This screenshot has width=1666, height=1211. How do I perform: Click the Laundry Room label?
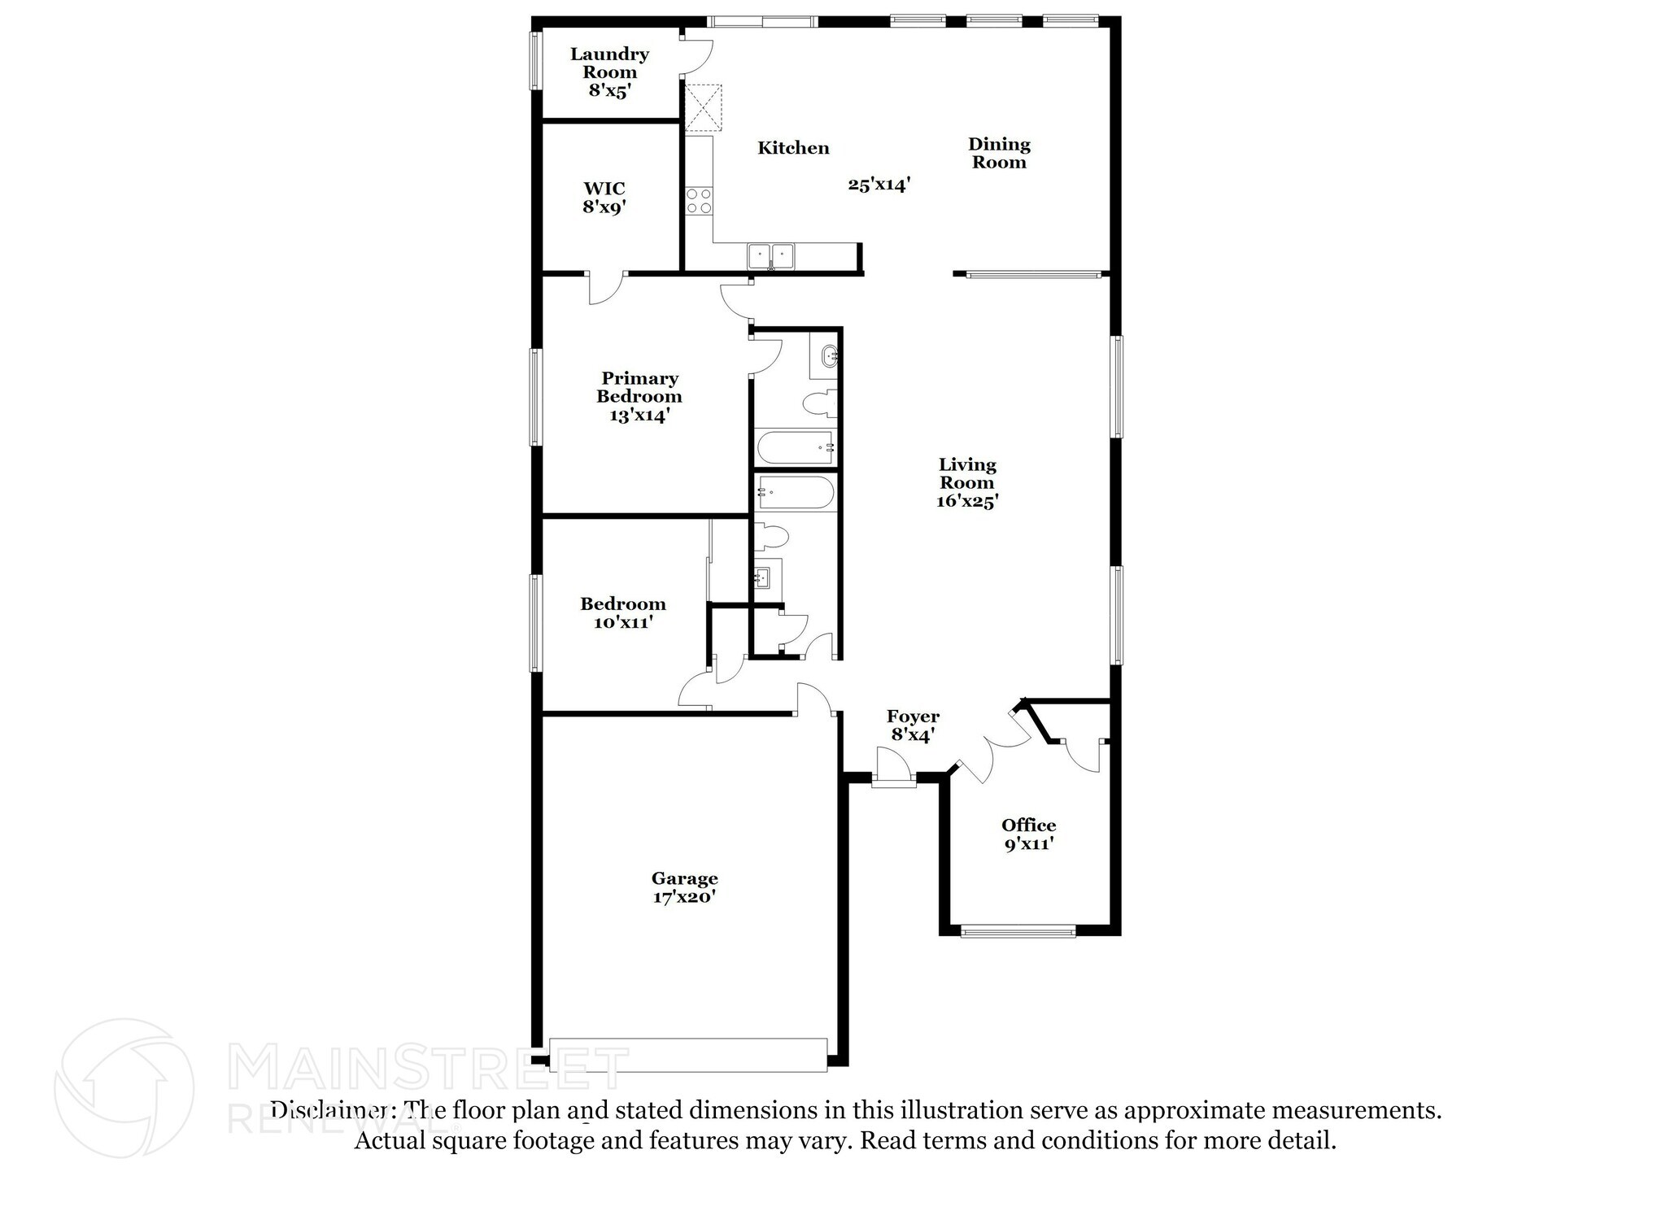coord(609,72)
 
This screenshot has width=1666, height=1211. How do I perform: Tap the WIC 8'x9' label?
coord(604,198)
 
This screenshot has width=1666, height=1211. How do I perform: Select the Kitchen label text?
coord(793,147)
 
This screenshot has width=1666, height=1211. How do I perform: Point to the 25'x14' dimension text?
coord(879,185)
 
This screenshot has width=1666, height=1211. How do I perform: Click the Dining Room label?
coord(999,153)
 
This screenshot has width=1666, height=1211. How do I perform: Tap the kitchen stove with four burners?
coord(699,201)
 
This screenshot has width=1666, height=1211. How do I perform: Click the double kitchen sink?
coord(771,255)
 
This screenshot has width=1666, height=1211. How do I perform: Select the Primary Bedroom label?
coord(639,397)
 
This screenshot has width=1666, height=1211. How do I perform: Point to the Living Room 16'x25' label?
coord(967,482)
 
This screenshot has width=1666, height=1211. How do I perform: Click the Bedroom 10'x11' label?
coord(623,613)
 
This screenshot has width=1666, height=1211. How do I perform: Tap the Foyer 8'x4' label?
coord(913,725)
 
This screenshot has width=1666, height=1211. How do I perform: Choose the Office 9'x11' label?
coord(1029,834)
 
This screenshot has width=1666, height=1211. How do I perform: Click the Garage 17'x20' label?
coord(684,887)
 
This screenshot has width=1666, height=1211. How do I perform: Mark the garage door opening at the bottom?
coord(688,1055)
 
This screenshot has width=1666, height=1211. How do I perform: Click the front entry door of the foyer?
coord(894,769)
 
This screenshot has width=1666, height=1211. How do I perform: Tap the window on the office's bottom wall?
coord(1018,931)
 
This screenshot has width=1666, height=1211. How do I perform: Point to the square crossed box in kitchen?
coord(704,107)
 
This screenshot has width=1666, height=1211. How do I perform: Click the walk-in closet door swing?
coord(606,288)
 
